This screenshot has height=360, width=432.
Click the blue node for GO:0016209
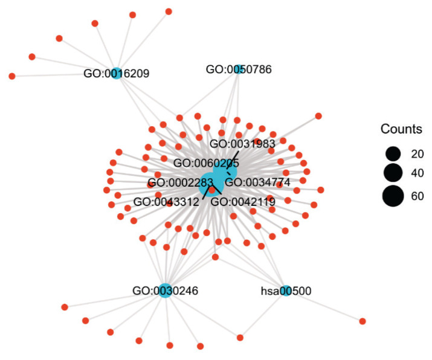point(117,74)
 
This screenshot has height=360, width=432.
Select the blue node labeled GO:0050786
point(239,69)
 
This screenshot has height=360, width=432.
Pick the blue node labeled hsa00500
point(286,291)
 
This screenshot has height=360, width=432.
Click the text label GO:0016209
point(117,74)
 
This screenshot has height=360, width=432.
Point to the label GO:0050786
point(239,69)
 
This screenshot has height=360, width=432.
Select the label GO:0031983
point(242,144)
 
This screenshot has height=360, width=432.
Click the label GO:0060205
point(206,163)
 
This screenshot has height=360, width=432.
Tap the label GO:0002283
point(181,183)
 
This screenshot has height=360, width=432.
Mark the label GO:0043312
point(166,202)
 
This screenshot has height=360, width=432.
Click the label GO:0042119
point(243,202)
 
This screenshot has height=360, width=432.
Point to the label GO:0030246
point(165,291)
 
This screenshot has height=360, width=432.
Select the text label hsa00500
point(286,291)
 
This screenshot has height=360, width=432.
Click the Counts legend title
point(401,129)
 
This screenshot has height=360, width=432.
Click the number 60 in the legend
point(417,196)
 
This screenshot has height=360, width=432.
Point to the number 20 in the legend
point(417,153)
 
